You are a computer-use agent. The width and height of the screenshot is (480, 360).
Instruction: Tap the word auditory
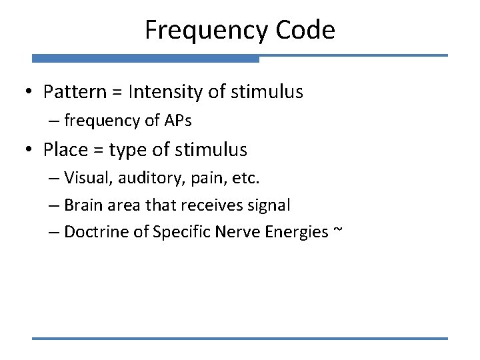(143, 179)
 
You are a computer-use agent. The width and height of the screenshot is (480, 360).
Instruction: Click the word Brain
(83, 205)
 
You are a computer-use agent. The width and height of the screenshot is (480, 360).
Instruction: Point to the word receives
(220, 205)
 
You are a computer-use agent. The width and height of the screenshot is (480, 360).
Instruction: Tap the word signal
(270, 205)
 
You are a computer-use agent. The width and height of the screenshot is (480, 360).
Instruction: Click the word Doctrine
(97, 232)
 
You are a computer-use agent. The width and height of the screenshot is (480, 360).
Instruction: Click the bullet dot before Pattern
(31, 92)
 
